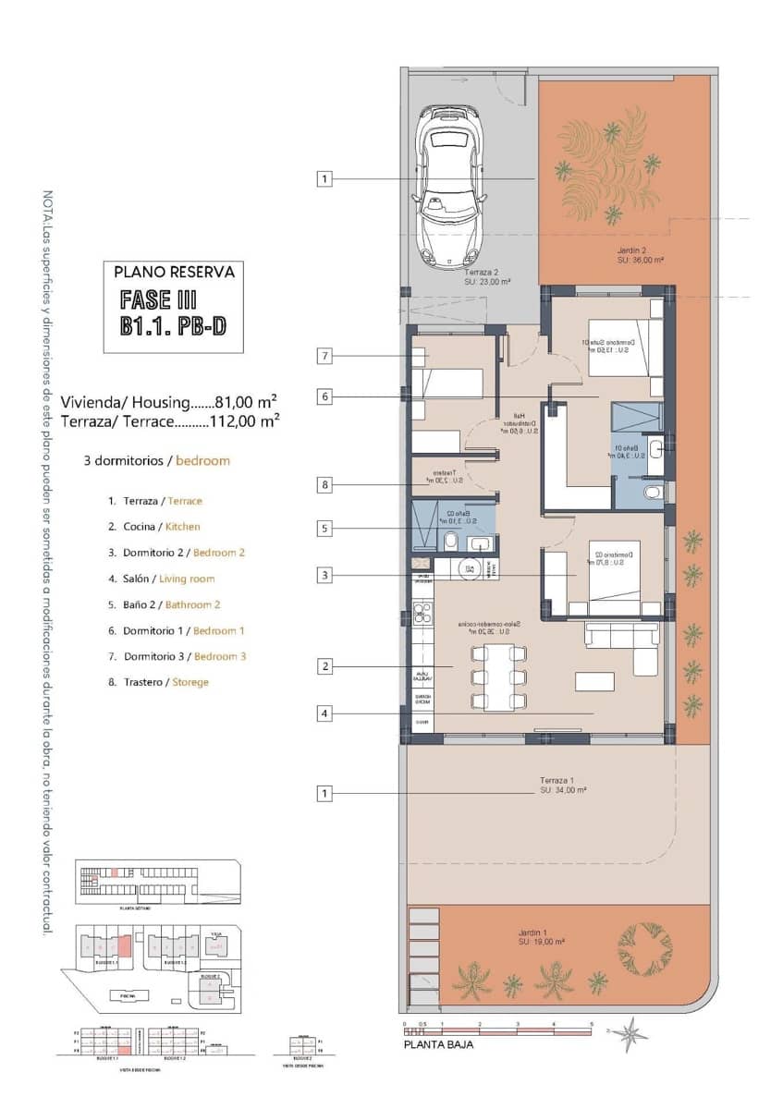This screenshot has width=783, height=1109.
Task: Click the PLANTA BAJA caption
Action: (439, 1045)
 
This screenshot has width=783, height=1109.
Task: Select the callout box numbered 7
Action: (324, 356)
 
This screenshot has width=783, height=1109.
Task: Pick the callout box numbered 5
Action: (324, 529)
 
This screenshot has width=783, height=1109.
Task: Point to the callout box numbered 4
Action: (324, 713)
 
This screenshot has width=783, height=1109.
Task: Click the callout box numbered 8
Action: (324, 484)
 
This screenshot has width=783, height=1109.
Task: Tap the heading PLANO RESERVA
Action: (174, 273)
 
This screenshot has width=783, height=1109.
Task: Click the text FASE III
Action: (159, 299)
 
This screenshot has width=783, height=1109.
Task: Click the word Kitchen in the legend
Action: (182, 527)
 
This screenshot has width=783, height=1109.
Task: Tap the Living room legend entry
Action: (187, 579)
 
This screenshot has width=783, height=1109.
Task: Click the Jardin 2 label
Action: (631, 250)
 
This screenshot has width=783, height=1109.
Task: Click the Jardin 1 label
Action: (534, 932)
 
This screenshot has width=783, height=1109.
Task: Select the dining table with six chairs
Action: (498, 677)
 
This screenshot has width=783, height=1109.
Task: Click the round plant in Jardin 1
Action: (644, 946)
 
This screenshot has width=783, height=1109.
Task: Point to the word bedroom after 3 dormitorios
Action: (202, 460)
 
